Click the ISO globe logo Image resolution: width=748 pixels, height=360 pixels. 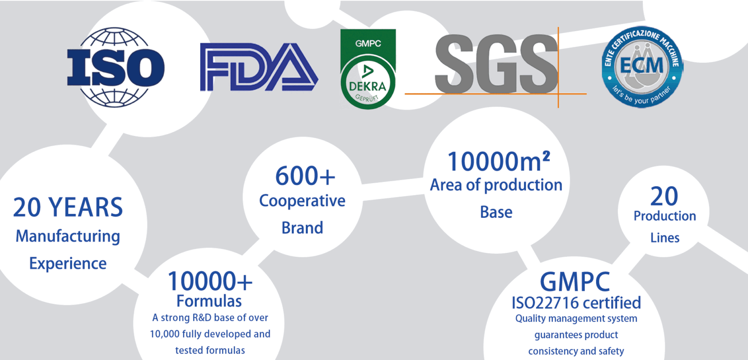tap(115, 67)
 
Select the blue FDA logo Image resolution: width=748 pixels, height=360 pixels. tap(259, 67)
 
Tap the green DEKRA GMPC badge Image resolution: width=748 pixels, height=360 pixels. tap(368, 69)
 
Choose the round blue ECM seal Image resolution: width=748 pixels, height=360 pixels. tap(642, 67)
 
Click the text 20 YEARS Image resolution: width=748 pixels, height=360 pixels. tap(68, 208)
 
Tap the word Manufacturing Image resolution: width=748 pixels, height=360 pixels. tap(68, 237)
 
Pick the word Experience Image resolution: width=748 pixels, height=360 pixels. tap(68, 264)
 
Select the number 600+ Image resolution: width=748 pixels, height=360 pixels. tap(305, 176)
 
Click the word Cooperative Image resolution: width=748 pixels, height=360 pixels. tap(302, 201)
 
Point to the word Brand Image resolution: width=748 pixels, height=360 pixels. tap(302, 228)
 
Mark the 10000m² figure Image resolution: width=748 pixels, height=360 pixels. tap(498, 161)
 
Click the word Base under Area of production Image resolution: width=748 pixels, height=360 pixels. tap(496, 212)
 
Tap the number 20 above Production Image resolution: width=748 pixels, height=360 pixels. tap(664, 196)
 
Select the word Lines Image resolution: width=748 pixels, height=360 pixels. tap(665, 238)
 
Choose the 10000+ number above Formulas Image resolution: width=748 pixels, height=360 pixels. tap(210, 281)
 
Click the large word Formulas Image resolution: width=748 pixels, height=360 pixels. tap(209, 301)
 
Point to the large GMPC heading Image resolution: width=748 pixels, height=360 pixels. tap(575, 282)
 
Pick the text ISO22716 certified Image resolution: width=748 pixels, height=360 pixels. tap(577, 303)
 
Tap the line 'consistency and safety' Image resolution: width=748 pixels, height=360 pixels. tap(576, 351)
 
